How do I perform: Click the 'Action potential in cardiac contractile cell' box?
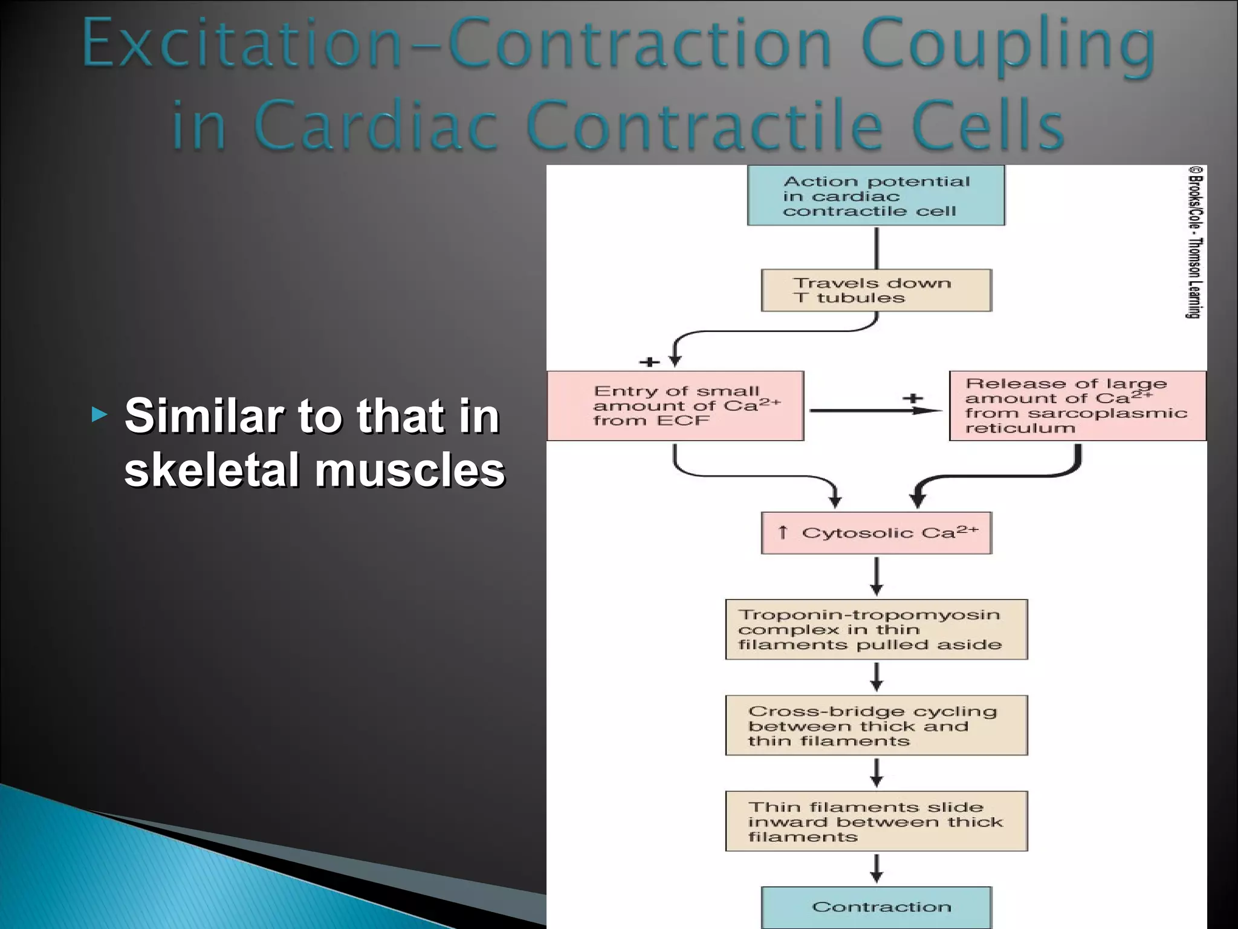coord(876,195)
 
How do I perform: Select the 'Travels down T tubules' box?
coord(876,290)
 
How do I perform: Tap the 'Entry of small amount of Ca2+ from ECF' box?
coord(675,406)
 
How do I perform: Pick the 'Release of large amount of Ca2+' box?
coord(1077,406)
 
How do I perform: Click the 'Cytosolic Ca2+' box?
coord(876,533)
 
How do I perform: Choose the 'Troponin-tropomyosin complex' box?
coord(876,630)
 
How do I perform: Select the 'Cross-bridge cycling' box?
coord(876,725)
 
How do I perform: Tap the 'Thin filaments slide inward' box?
coord(876,821)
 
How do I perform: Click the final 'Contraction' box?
coord(876,907)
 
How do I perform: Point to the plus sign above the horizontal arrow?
coord(913,398)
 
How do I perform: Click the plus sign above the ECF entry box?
coord(650,362)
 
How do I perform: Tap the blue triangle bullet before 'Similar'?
coord(100,415)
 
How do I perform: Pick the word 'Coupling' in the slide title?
coord(1008,46)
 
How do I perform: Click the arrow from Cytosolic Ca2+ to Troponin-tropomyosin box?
coord(877,576)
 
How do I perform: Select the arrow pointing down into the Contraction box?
coord(877,869)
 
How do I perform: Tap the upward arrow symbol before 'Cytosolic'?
coord(783,532)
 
